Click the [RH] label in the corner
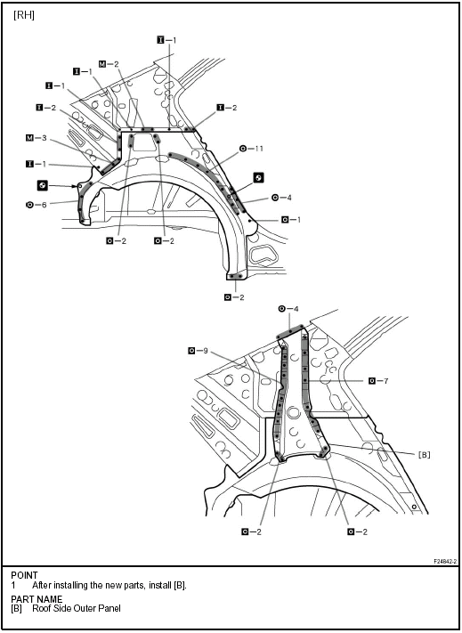[24, 15]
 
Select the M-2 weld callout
[109, 64]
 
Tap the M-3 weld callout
[36, 138]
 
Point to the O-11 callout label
[251, 149]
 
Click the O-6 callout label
[36, 205]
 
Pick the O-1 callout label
[291, 220]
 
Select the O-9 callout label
[199, 351]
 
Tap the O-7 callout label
[378, 380]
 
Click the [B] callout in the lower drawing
[424, 455]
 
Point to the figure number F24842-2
[445, 561]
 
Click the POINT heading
[24, 575]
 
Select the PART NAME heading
[36, 599]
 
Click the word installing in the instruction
[68, 585]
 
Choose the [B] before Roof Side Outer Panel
[16, 608]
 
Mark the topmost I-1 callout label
[166, 40]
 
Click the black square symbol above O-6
[42, 185]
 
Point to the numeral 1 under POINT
[13, 585]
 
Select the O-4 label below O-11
[281, 198]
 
